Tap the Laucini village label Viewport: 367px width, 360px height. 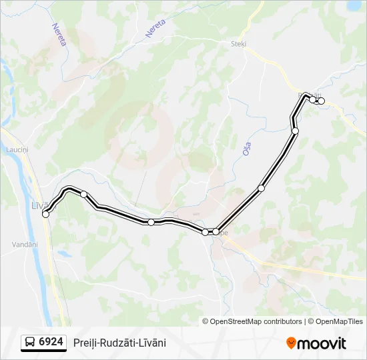click(17, 151)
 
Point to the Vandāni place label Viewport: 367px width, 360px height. click(24, 245)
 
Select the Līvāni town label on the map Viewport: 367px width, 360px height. click(39, 205)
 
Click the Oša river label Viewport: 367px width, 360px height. click(247, 149)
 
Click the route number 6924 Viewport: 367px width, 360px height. click(51, 342)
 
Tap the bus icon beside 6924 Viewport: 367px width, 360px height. click(30, 343)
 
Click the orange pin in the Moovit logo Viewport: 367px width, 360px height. click(292, 343)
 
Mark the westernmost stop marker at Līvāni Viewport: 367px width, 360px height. click(45, 214)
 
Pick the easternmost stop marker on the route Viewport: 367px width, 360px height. click(321, 101)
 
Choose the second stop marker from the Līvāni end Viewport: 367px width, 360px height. click(84, 194)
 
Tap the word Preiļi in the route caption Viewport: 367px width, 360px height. click(85, 343)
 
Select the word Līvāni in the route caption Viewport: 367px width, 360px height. click(151, 343)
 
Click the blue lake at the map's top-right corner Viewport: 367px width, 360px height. click(354, 5)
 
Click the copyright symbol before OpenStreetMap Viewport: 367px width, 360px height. click(206, 321)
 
